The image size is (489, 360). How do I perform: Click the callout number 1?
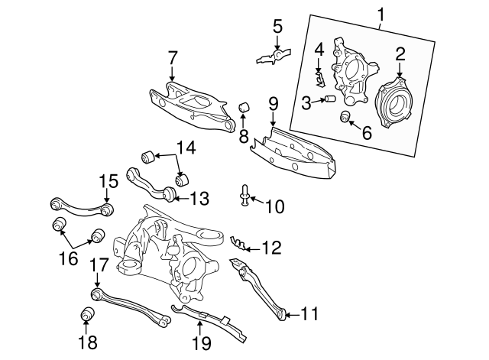click(379, 13)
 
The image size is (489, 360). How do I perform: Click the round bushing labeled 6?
click(345, 116)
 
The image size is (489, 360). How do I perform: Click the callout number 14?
click(186, 147)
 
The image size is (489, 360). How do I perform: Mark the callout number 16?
click(69, 258)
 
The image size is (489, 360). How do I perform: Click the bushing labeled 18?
click(87, 314)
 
